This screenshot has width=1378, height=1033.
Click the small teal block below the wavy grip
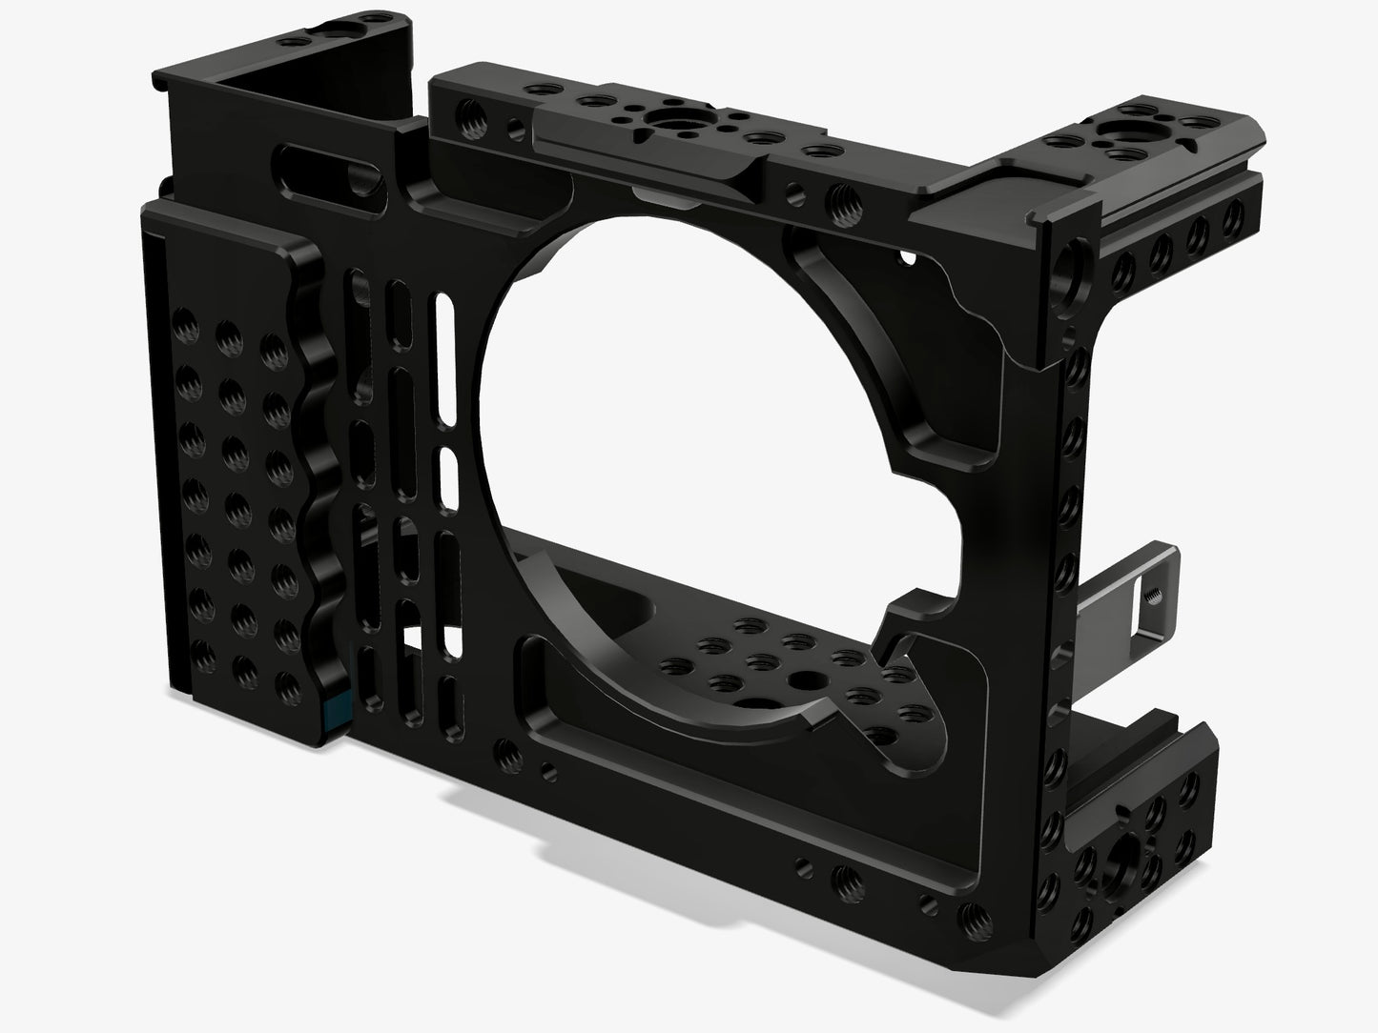(336, 710)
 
